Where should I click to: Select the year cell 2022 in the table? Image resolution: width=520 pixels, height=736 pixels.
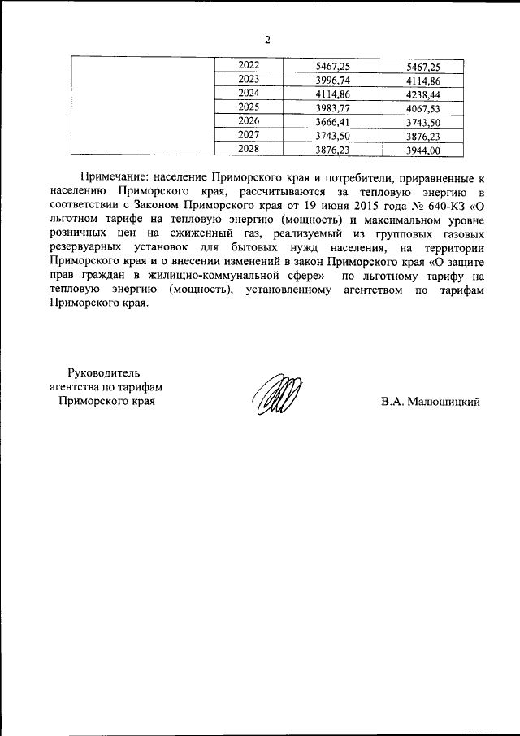click(x=249, y=65)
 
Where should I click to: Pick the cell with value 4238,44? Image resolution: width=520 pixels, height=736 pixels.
click(x=422, y=94)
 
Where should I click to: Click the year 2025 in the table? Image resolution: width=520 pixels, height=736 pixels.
click(x=249, y=107)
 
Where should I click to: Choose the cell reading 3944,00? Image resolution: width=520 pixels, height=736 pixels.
click(x=422, y=150)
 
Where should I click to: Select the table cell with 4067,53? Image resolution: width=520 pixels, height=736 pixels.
click(x=422, y=107)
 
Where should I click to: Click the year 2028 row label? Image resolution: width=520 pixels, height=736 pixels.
click(x=249, y=150)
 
